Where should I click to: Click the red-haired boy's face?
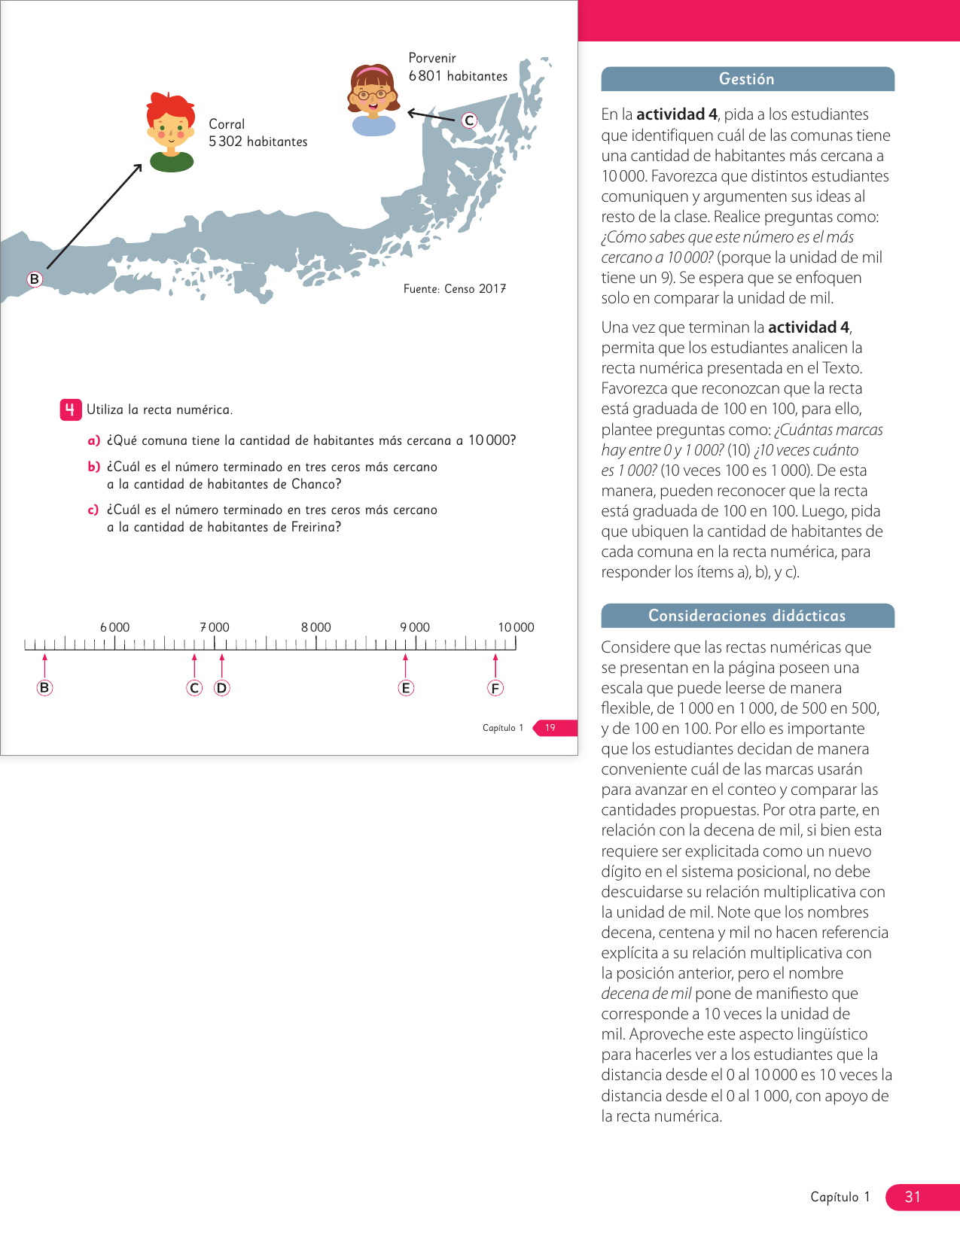171,128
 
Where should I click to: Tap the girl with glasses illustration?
373,98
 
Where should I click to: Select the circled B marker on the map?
34,279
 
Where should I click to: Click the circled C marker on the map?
469,120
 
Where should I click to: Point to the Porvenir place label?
432,58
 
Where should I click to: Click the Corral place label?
227,124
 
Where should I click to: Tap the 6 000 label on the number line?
114,627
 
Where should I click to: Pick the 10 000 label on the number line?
516,627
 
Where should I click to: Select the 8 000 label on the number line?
315,627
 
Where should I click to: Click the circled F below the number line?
495,688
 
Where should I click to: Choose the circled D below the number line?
221,688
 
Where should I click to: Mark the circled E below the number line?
406,688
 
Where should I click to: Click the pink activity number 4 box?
70,409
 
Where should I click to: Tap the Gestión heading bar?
747,79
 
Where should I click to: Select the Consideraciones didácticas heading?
747,616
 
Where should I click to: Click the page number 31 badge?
913,1197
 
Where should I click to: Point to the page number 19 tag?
551,728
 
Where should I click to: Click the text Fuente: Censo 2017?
454,289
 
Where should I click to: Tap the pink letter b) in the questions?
93,467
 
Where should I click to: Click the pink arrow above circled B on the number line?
45,665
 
